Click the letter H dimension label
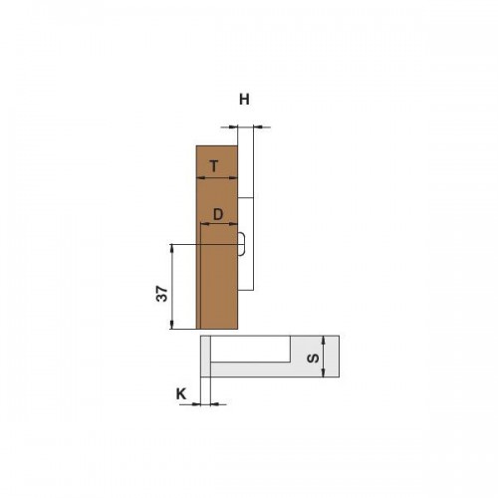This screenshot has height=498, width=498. click(x=244, y=100)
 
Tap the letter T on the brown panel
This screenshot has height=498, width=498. click(x=214, y=166)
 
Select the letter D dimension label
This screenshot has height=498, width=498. click(x=218, y=215)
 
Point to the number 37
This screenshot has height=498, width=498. click(x=162, y=293)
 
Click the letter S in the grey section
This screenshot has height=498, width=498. click(x=313, y=358)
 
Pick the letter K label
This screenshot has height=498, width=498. click(x=181, y=394)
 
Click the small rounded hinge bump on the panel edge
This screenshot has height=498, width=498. click(x=242, y=244)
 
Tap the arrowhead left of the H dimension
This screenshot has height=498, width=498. click(x=234, y=126)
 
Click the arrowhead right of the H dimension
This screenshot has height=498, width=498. click(x=258, y=126)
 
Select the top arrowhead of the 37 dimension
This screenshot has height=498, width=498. click(x=172, y=249)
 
